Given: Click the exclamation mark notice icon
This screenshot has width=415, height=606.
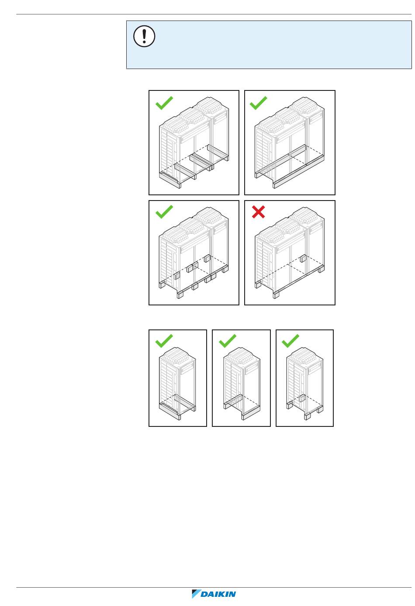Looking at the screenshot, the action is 144,36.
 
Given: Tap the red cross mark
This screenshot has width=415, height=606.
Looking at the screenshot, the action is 258,212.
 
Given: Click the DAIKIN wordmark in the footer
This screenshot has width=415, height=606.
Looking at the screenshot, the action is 218,594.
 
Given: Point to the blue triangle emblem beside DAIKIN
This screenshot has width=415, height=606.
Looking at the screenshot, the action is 196,594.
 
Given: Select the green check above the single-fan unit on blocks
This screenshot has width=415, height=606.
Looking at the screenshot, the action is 290,341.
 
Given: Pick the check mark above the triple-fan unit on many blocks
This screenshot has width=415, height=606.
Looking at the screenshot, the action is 164,211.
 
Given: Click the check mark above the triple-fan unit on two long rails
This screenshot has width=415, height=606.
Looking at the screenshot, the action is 258,103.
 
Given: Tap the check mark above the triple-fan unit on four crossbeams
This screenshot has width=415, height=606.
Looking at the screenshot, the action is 164,103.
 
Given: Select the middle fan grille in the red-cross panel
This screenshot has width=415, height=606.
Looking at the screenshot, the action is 287,227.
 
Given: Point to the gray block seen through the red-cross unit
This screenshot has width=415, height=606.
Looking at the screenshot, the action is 303,258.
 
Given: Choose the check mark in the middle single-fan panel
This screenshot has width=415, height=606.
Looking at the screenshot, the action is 228,341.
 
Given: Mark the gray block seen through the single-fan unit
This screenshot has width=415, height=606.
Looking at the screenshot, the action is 302,398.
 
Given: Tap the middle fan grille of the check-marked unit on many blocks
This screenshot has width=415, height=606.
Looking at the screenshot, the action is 192,227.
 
